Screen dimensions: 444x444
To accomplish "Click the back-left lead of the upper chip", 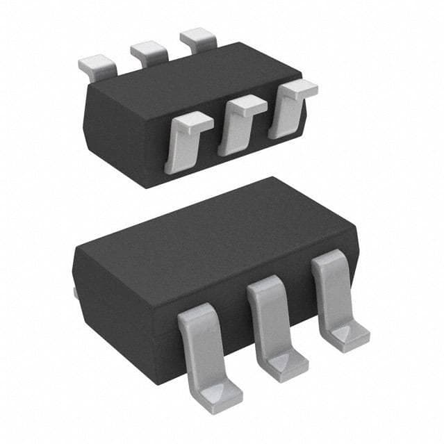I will pos(97,66).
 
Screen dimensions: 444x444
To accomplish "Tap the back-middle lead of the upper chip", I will pos(149,51).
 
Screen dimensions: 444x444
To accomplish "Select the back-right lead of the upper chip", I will pos(199,39).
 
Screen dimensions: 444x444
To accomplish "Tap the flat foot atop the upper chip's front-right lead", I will pos(299,88).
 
